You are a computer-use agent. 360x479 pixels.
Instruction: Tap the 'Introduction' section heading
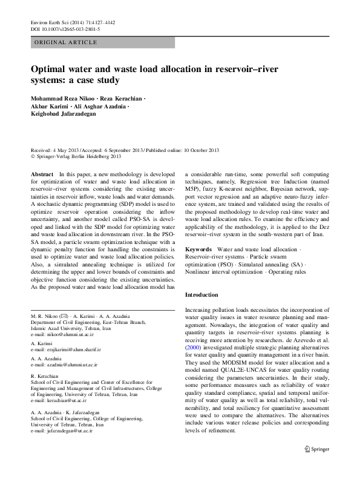click(201, 295)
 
